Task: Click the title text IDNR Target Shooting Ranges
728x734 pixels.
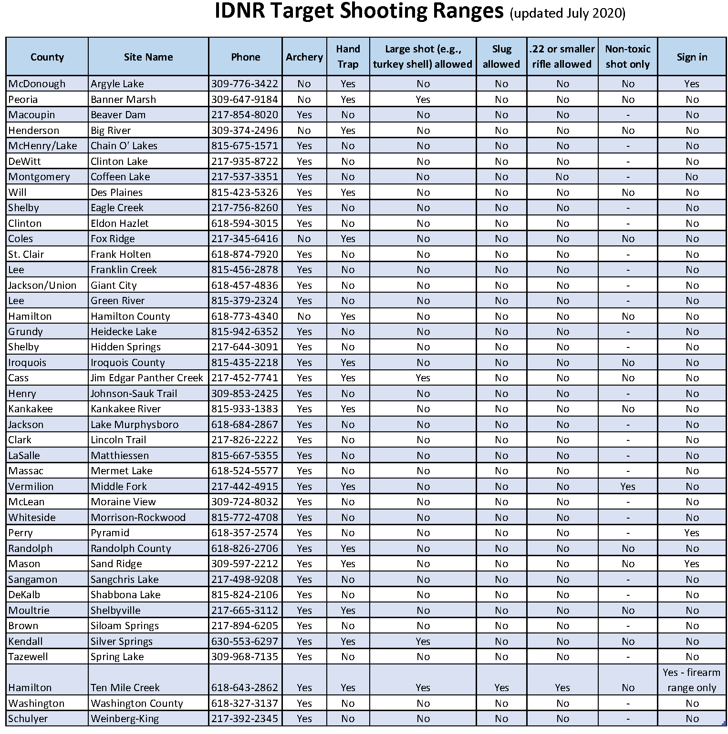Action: tap(359, 11)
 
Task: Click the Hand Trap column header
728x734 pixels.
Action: tap(348, 56)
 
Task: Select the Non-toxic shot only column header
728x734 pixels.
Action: tap(627, 56)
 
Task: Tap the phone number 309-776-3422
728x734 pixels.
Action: tap(245, 84)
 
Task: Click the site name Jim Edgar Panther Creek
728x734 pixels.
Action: tap(147, 378)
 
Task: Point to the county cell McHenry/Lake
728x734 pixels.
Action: tap(42, 146)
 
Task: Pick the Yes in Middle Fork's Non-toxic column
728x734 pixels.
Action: tap(627, 487)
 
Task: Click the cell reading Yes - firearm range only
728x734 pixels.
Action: tap(691, 680)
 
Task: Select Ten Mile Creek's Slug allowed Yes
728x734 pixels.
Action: tap(501, 688)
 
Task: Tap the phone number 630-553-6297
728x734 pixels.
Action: tap(245, 642)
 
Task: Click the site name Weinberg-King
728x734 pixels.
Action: tap(125, 719)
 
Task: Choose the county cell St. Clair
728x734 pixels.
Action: tap(26, 255)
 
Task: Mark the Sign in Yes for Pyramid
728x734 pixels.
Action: tap(691, 533)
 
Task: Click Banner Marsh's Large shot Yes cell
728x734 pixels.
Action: tap(423, 100)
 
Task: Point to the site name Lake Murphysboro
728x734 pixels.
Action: tap(135, 425)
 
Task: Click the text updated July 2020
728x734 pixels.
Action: tap(567, 13)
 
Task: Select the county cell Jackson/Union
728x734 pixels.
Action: tap(42, 285)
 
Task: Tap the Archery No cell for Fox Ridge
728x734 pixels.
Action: tap(304, 239)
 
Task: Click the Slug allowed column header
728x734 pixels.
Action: tap(501, 56)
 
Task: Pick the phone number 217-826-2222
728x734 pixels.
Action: tap(245, 440)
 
